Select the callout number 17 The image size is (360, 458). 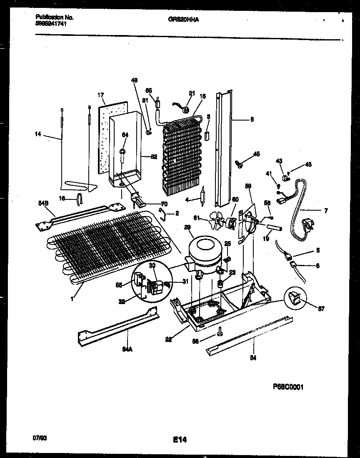(x=101, y=95)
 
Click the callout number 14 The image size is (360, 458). (x=38, y=134)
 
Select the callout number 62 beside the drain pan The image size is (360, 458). (x=154, y=157)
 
